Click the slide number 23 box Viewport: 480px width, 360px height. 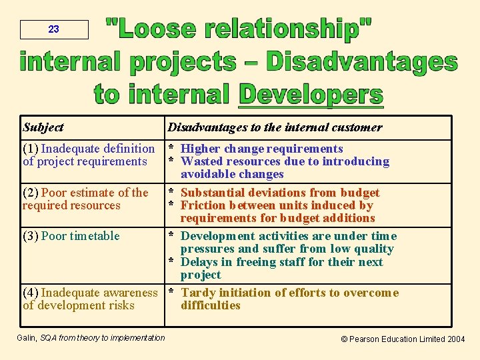[54, 29]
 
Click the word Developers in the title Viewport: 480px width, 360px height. [311, 94]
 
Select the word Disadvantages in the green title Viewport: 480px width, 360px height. [361, 62]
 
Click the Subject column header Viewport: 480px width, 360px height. [43, 127]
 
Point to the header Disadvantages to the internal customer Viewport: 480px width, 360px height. [275, 127]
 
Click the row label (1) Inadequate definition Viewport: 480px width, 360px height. [88, 149]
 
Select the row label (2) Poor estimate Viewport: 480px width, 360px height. [85, 193]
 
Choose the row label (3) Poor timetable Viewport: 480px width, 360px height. [71, 236]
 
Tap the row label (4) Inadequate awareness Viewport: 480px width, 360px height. [90, 293]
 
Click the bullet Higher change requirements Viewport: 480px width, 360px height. [261, 149]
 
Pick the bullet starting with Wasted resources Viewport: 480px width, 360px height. [285, 161]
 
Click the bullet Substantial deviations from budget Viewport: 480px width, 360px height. [280, 193]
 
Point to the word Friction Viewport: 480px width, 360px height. [203, 205]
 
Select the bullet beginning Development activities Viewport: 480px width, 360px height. [288, 236]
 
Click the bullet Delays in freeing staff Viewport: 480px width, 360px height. [281, 262]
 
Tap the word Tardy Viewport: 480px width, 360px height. [198, 293]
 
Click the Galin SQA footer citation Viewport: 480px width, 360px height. [91, 338]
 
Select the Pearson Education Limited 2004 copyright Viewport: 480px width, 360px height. [403, 339]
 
